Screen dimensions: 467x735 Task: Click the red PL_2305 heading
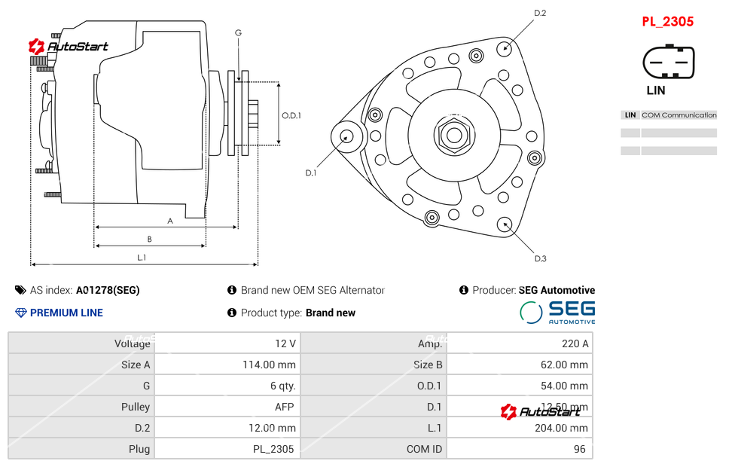tap(667, 22)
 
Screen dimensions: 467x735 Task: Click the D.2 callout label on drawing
tap(540, 13)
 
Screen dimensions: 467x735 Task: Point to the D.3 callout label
tap(540, 259)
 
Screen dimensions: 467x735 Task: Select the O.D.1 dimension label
tap(291, 115)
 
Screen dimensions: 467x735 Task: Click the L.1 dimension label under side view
tap(142, 258)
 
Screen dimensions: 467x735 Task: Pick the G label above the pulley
tap(238, 32)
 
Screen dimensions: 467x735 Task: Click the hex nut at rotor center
tap(453, 136)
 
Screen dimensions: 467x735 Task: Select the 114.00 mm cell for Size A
tap(271, 365)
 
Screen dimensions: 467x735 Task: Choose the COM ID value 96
tap(580, 449)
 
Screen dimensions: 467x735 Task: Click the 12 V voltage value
tap(285, 343)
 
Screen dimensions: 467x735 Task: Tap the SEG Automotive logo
tap(558, 312)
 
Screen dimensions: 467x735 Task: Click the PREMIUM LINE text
tap(66, 313)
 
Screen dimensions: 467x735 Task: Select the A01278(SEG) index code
tap(108, 290)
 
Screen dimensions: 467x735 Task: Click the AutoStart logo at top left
tap(69, 47)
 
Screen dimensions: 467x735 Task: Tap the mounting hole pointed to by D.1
tap(346, 136)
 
